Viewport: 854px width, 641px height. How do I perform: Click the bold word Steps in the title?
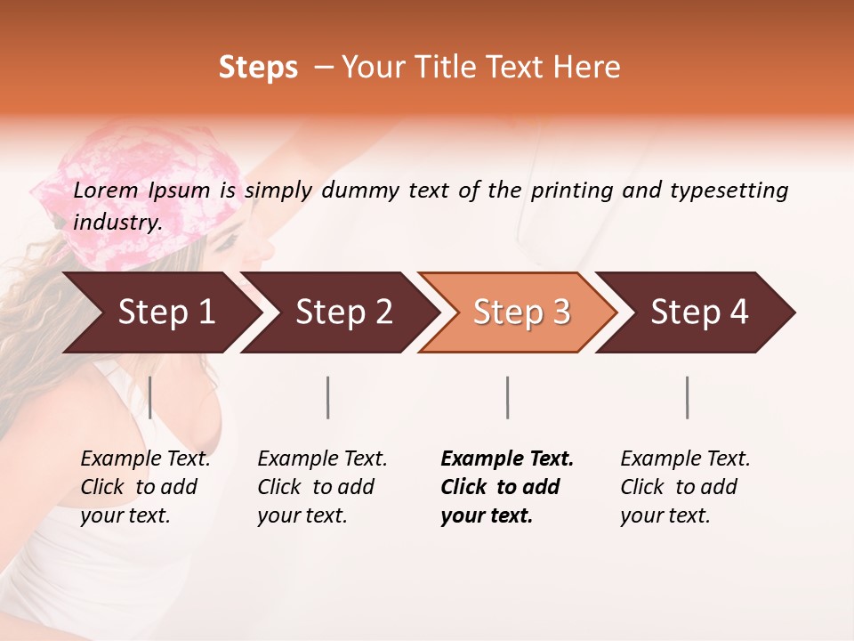(x=258, y=68)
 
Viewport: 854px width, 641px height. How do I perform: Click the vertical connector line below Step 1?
(x=150, y=397)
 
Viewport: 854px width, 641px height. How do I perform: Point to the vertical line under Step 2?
(x=328, y=397)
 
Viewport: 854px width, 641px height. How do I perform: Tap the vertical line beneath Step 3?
(x=508, y=397)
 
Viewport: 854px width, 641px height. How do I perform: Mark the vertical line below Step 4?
(x=688, y=397)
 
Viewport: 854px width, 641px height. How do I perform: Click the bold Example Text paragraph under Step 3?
(x=507, y=487)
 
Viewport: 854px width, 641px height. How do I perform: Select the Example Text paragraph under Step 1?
(x=145, y=487)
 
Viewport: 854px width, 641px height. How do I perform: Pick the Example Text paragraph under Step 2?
(x=322, y=487)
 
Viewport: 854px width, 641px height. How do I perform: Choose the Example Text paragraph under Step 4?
(x=685, y=487)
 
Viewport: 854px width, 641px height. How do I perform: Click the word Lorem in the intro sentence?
(x=106, y=191)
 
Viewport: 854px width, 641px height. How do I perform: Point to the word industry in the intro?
(x=117, y=223)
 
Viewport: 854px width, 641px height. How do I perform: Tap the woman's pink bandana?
(x=133, y=196)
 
